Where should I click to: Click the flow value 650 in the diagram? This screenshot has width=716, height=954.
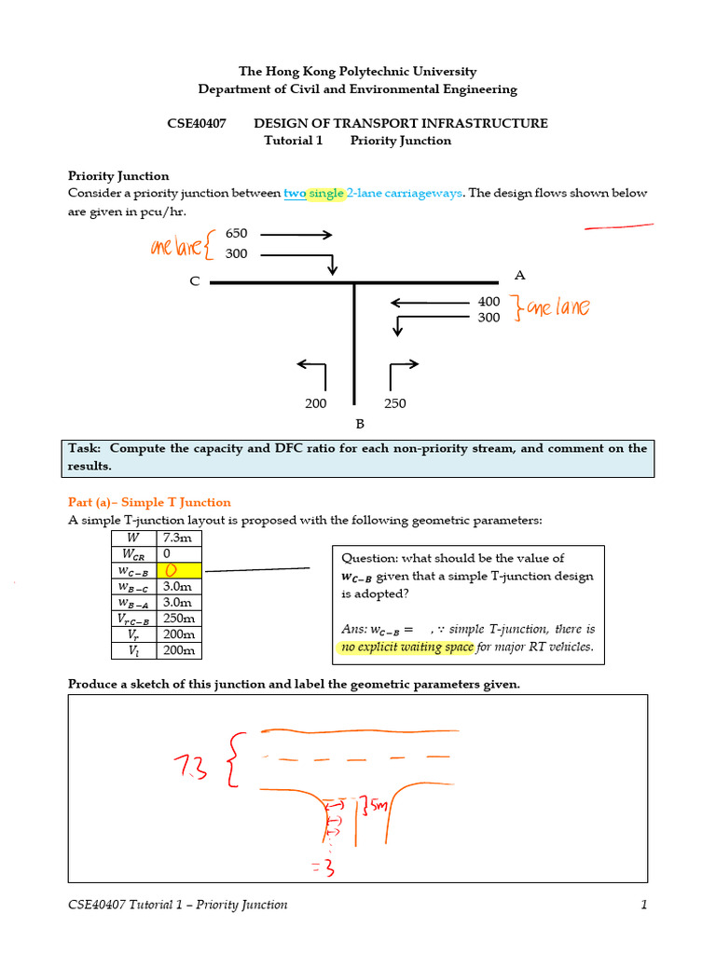(237, 235)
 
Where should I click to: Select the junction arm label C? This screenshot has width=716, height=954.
(195, 281)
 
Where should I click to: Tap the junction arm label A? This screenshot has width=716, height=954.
(519, 275)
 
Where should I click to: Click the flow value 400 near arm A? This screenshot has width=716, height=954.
(489, 302)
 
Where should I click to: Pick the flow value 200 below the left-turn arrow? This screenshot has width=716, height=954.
(316, 404)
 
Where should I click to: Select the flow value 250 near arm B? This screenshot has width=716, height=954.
(394, 404)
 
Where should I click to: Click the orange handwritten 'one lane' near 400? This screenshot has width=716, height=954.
(557, 308)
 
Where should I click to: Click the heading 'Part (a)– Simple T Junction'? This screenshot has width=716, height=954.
(149, 502)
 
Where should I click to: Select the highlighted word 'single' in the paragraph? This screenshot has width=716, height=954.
(326, 193)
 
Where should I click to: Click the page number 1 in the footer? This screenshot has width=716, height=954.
(643, 905)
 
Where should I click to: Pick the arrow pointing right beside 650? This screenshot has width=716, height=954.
(296, 235)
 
